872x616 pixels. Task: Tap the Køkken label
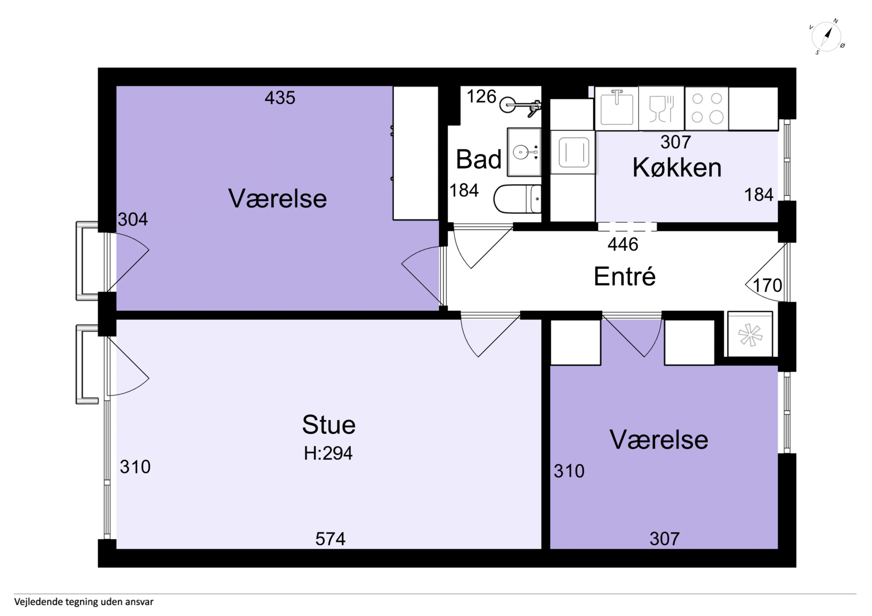click(x=677, y=167)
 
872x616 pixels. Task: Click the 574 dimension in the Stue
click(x=330, y=539)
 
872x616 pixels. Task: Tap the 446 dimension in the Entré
click(x=623, y=244)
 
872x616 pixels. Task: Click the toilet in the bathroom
click(x=517, y=199)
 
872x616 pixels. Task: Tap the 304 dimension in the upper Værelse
click(x=133, y=219)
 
